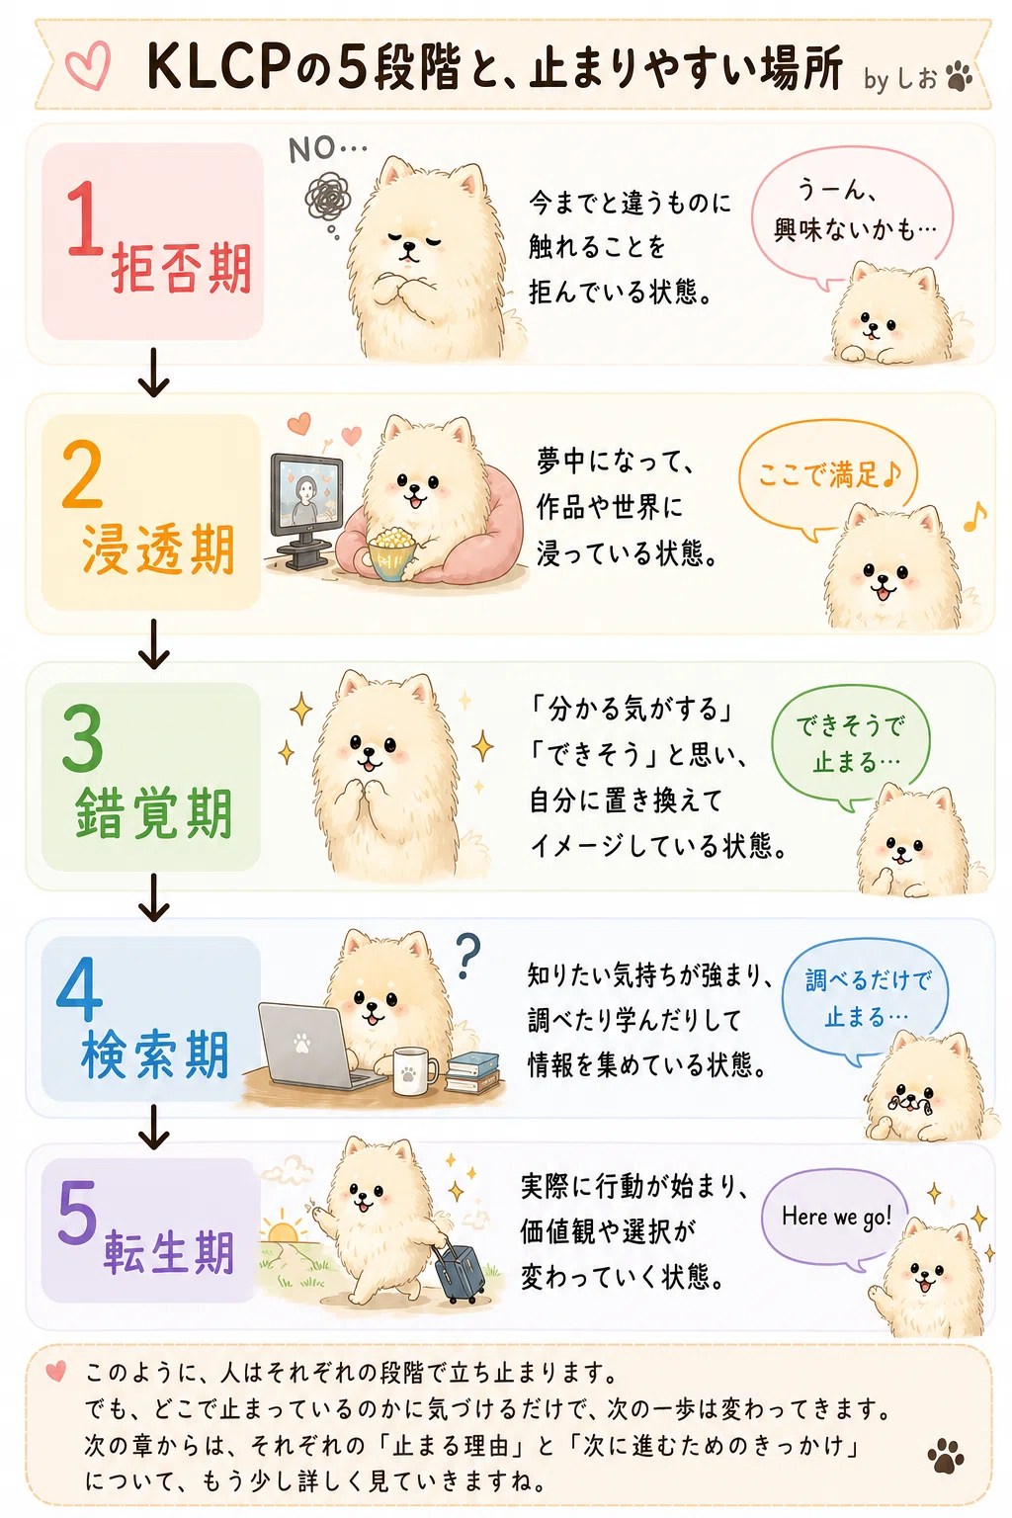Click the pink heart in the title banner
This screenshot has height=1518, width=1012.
(x=87, y=65)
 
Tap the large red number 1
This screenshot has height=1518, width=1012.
(x=84, y=218)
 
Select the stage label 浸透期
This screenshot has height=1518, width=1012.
(x=158, y=548)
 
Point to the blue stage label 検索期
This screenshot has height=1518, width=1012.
(x=155, y=1055)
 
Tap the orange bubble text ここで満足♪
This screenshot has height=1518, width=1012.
(x=829, y=474)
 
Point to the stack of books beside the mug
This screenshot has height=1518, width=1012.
(x=473, y=1072)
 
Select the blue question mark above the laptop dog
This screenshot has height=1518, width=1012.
(x=467, y=956)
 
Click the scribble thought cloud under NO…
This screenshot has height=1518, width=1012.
(x=329, y=198)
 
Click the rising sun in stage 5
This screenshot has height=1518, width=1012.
(x=283, y=1230)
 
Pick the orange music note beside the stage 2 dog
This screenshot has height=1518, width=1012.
(x=975, y=517)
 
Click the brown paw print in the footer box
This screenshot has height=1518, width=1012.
(x=946, y=1456)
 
